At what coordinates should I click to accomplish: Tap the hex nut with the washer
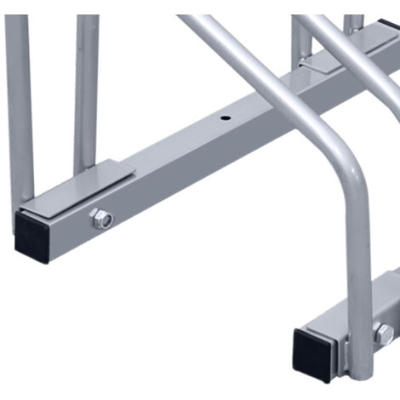tap(102, 220)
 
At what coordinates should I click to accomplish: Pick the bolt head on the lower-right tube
tap(384, 334)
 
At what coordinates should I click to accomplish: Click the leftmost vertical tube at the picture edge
tap(19, 102)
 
